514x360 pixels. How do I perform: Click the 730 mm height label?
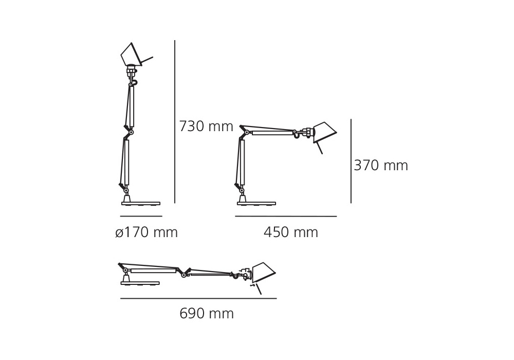click(x=206, y=126)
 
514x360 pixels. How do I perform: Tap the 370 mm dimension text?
click(x=381, y=165)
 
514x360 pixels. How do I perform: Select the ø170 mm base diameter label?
click(x=146, y=232)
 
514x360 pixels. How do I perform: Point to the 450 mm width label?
click(x=291, y=232)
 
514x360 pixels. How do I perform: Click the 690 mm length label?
click(x=207, y=314)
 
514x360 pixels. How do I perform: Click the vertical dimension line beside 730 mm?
click(x=175, y=122)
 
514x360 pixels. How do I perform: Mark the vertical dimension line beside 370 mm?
click(x=351, y=161)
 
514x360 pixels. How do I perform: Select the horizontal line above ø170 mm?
click(x=141, y=217)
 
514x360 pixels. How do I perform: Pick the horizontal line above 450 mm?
click(x=286, y=217)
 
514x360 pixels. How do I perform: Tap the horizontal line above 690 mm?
click(x=198, y=298)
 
